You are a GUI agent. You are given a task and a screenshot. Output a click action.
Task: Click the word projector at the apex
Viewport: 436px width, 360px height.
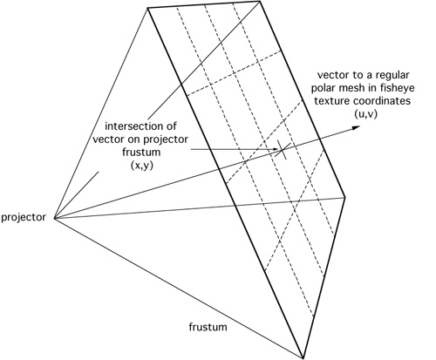coord(24,218)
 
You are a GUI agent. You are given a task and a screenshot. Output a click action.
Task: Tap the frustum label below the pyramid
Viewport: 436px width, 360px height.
coord(208,327)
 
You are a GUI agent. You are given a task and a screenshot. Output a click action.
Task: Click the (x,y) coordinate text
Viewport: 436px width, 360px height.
coord(141,166)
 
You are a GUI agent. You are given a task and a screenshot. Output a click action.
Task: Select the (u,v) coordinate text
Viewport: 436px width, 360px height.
coord(365,114)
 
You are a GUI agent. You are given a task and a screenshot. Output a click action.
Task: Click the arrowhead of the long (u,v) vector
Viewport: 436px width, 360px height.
coord(357,127)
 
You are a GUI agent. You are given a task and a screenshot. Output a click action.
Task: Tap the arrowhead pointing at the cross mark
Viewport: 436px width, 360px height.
coord(276,150)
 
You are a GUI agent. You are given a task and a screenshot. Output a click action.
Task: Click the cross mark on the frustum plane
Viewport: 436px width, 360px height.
coord(282,150)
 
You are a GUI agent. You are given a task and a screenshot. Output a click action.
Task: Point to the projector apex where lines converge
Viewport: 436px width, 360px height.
coord(54,218)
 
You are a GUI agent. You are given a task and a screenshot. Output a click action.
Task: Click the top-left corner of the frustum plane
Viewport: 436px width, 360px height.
coord(148,8)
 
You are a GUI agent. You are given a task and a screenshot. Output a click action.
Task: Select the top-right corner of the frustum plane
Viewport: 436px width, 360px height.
coord(260,2)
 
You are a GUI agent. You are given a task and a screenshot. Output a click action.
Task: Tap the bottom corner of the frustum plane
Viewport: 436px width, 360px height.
coord(303,358)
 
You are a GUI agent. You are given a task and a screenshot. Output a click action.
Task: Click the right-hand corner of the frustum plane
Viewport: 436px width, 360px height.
coord(345,197)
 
